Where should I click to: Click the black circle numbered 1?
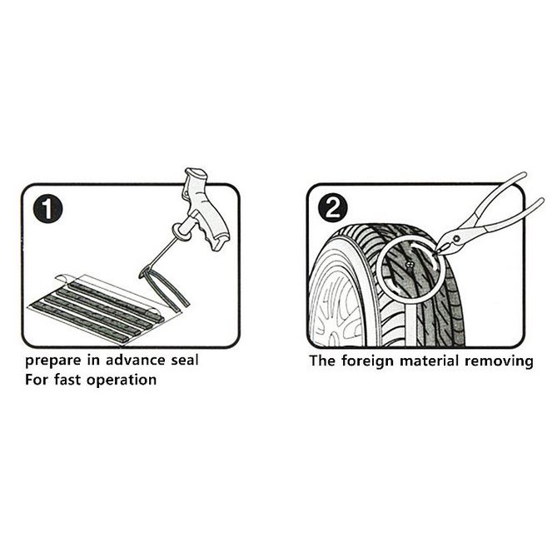coord(48,210)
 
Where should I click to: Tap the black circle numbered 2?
coord(333,208)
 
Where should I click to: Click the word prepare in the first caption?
coord(53,361)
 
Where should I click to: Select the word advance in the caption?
coord(136,361)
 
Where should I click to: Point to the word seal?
coord(184,361)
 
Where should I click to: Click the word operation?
coord(122,380)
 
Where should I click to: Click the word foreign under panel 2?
coord(367,361)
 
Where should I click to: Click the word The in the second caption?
coord(322,361)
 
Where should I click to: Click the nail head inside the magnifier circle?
coord(410,265)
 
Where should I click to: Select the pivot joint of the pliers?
coord(456,237)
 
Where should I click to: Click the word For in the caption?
coord(37,380)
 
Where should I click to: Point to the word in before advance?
coord(93,361)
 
